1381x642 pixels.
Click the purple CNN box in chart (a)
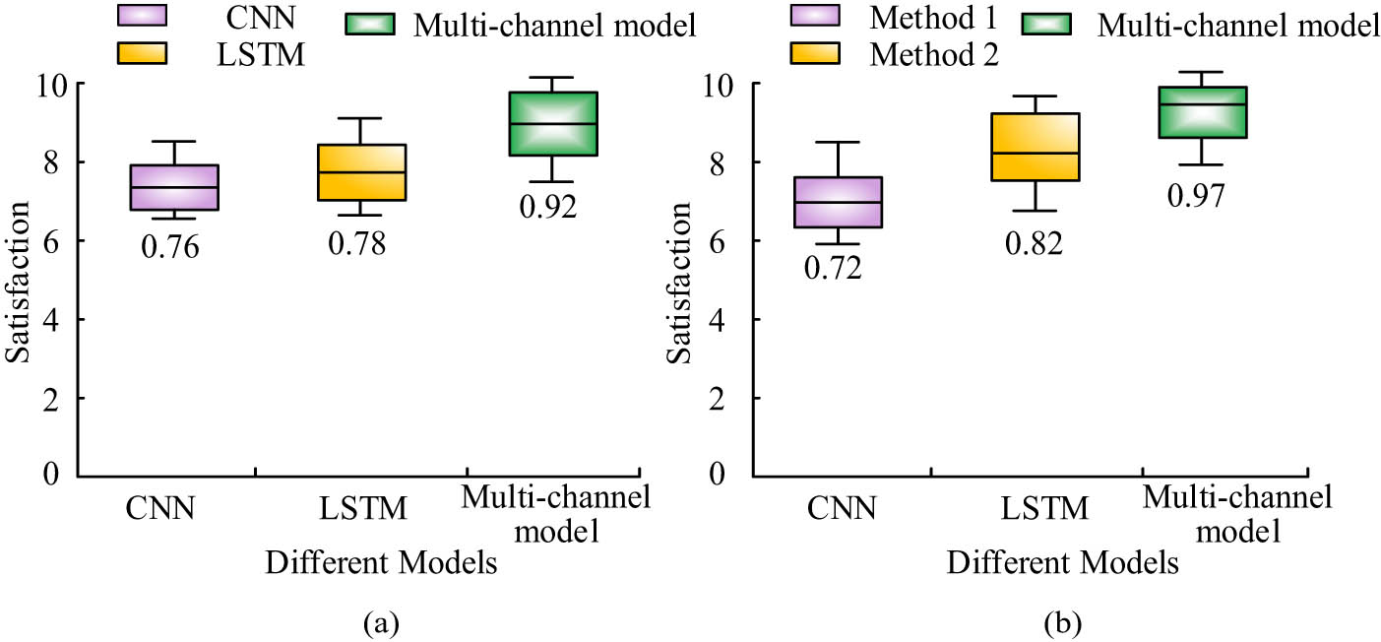click(174, 187)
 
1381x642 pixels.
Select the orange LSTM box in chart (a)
click(361, 172)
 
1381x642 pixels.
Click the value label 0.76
click(170, 247)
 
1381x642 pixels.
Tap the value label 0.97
click(1195, 196)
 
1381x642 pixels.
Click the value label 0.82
click(1034, 242)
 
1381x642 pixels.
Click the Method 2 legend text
click(933, 56)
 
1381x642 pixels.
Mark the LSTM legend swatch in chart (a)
click(141, 54)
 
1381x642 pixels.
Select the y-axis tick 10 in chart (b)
click(723, 84)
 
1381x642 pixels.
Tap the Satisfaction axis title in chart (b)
click(679, 282)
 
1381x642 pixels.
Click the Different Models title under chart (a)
click(379, 563)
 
